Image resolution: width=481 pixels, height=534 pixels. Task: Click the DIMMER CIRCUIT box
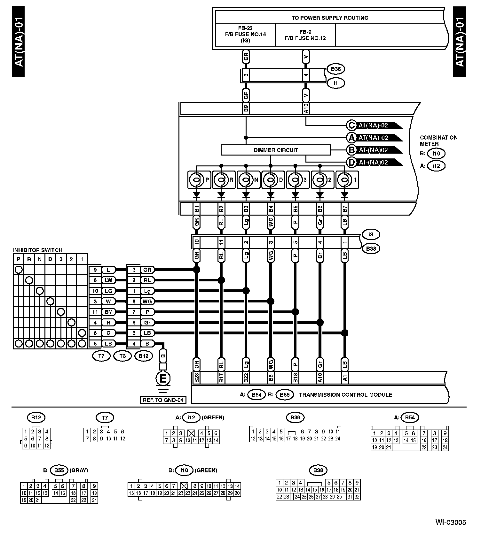275,150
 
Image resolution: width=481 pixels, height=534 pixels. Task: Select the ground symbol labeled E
163,379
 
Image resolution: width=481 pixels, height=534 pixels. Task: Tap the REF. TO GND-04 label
163,400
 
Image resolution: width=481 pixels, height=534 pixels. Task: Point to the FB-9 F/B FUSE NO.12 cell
305,35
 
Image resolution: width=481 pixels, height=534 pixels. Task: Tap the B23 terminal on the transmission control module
197,378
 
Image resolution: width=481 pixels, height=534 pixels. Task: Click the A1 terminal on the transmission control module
345,378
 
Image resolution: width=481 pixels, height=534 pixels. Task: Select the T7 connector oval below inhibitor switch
101,356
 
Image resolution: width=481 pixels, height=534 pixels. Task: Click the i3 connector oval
371,234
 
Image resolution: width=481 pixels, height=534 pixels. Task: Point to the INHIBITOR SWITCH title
38,250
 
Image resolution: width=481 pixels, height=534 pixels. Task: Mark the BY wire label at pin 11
108,312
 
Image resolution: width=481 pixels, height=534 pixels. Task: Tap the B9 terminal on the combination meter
246,108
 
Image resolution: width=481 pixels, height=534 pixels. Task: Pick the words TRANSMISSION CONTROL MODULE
345,395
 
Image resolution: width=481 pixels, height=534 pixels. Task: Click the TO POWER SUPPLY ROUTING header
330,18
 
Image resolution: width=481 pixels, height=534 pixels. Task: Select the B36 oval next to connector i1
336,69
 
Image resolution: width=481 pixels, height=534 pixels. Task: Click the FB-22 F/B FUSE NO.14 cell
245,34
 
